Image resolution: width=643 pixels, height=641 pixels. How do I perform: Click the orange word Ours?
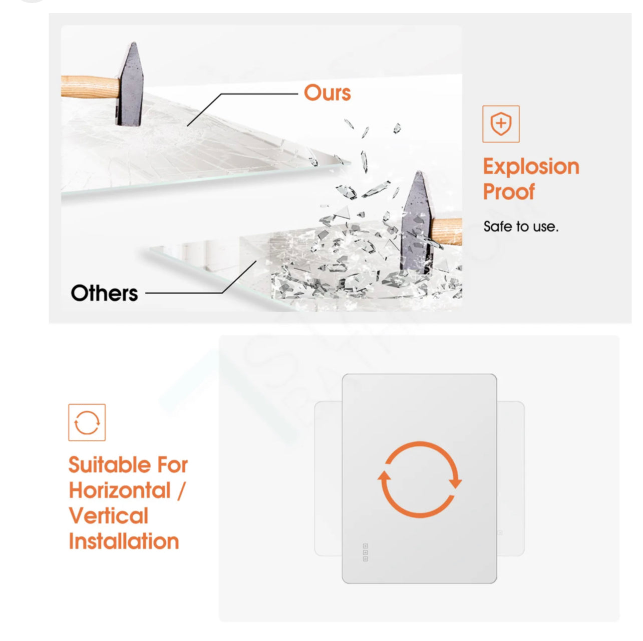[x=327, y=93]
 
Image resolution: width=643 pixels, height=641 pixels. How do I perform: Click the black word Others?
[x=105, y=293]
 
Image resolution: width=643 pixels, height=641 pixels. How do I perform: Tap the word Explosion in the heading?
[x=531, y=167]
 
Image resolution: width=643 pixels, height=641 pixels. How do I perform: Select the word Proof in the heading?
[x=509, y=192]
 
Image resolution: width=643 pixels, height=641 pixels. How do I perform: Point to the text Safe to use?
[x=521, y=227]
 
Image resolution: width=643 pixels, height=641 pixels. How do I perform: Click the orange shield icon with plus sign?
[x=501, y=124]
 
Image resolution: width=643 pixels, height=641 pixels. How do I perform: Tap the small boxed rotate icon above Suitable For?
[x=87, y=422]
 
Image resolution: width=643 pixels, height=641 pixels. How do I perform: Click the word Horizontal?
[x=120, y=490]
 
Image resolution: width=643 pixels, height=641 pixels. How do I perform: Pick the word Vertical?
[x=109, y=515]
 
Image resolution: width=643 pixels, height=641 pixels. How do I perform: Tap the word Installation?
[x=124, y=541]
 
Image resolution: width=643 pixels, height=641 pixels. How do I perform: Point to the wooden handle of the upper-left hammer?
[x=90, y=87]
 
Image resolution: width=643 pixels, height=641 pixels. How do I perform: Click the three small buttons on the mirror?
[x=366, y=552]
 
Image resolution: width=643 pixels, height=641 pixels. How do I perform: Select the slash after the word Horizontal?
[x=180, y=490]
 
